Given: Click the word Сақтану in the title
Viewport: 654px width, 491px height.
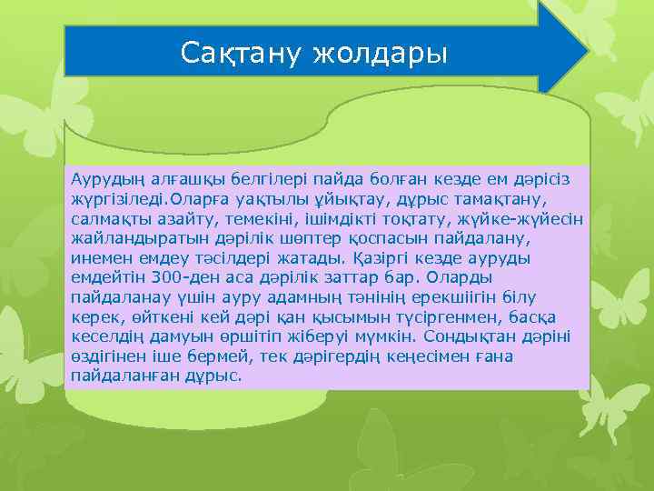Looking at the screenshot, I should (x=242, y=52).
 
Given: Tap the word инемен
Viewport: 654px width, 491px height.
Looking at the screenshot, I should (x=101, y=257).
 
